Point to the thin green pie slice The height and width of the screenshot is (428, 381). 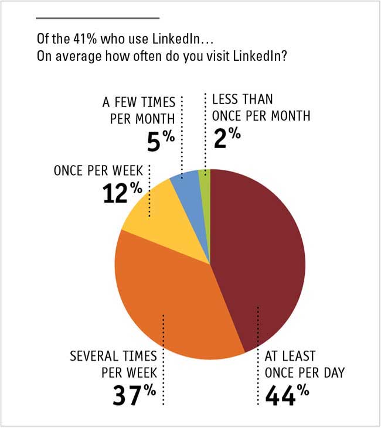click(205, 174)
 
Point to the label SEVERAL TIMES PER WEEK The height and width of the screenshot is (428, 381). click(114, 364)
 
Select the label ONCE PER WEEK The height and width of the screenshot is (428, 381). click(98, 172)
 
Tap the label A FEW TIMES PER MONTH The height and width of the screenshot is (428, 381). click(138, 109)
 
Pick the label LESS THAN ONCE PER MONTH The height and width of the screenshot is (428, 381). click(260, 108)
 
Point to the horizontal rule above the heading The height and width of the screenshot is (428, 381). click(97, 18)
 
